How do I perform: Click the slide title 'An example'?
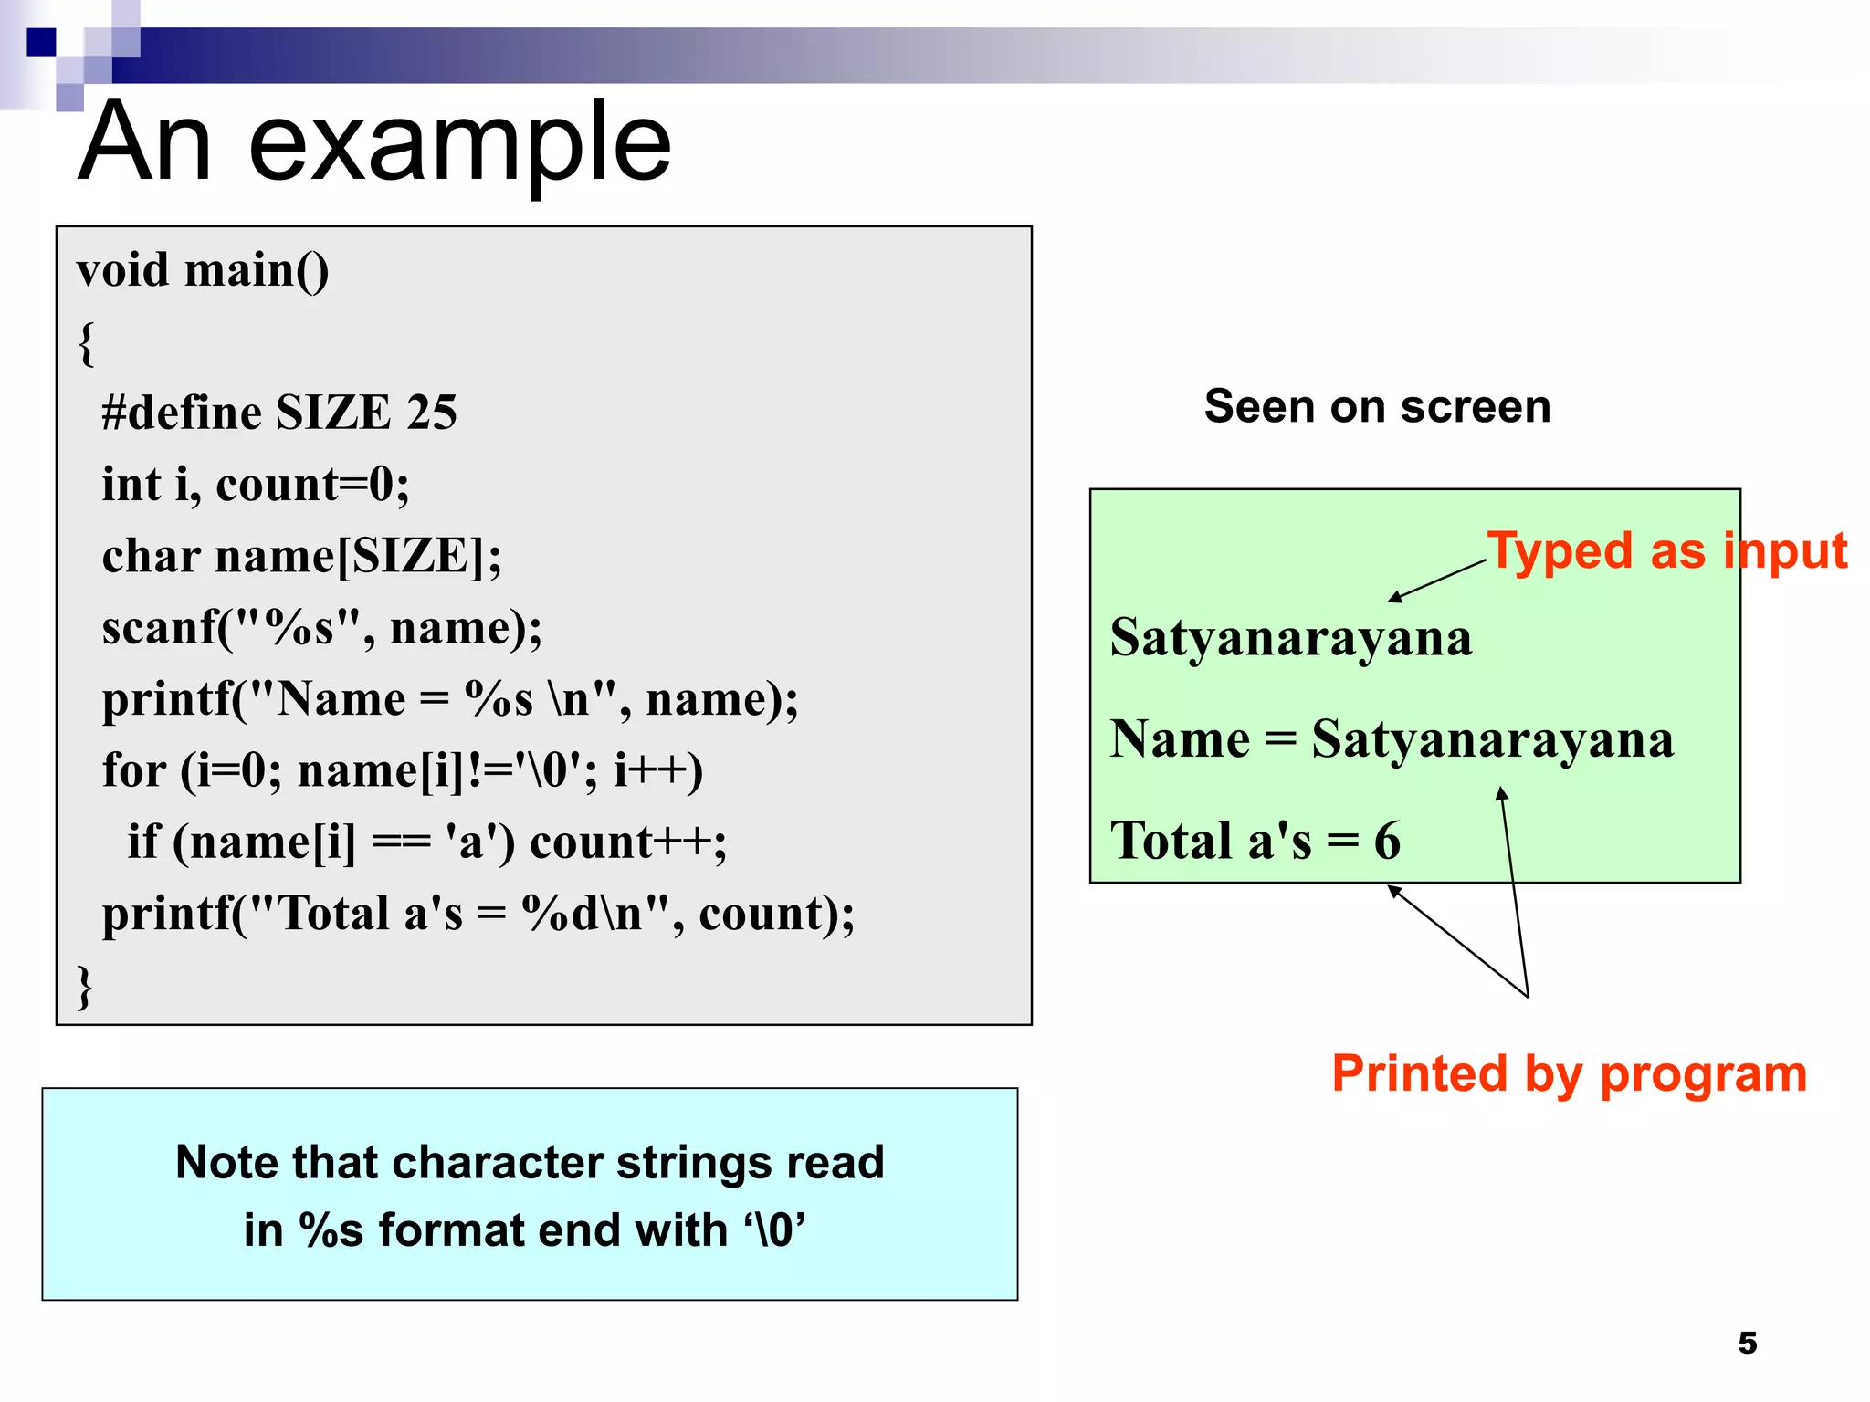click(x=374, y=143)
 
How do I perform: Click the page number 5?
click(x=1747, y=1343)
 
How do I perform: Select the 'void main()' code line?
click(x=203, y=271)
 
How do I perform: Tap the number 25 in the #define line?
click(x=432, y=413)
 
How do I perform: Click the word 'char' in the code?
click(x=151, y=556)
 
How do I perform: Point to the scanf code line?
click(x=321, y=628)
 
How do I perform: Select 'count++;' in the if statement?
click(x=628, y=842)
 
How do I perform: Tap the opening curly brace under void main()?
click(x=87, y=343)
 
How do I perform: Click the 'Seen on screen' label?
click(x=1377, y=406)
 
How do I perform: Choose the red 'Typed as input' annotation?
click(x=1666, y=551)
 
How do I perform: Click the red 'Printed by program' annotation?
click(x=1569, y=1073)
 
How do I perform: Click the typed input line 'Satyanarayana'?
click(x=1291, y=637)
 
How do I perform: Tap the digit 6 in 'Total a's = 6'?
click(x=1387, y=841)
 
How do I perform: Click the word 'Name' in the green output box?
click(x=1179, y=739)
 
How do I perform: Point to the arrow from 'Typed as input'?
click(x=1437, y=581)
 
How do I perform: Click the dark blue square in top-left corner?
click(x=41, y=42)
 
